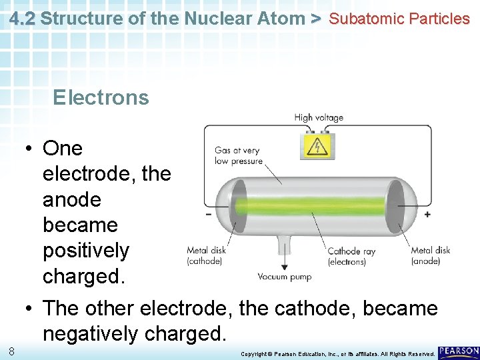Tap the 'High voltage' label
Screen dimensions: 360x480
pos(319,118)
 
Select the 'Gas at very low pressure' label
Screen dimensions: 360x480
pos(237,155)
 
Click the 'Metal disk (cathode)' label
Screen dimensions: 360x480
pos(206,255)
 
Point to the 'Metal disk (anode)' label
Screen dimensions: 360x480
pos(430,255)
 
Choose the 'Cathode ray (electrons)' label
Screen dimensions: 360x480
pos(351,256)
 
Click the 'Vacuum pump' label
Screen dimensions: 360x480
pos(285,277)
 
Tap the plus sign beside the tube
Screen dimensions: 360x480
pos(427,215)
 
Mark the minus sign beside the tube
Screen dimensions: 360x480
pos(209,215)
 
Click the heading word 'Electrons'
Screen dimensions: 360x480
pos(101,97)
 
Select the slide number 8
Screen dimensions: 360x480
pos(12,351)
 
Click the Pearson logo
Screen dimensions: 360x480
pos(459,351)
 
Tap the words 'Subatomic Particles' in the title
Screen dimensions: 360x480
pos(399,19)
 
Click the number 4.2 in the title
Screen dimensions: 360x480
pos(23,19)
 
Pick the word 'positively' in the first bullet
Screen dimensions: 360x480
pos(86,251)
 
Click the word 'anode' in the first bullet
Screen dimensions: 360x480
pos(72,199)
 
